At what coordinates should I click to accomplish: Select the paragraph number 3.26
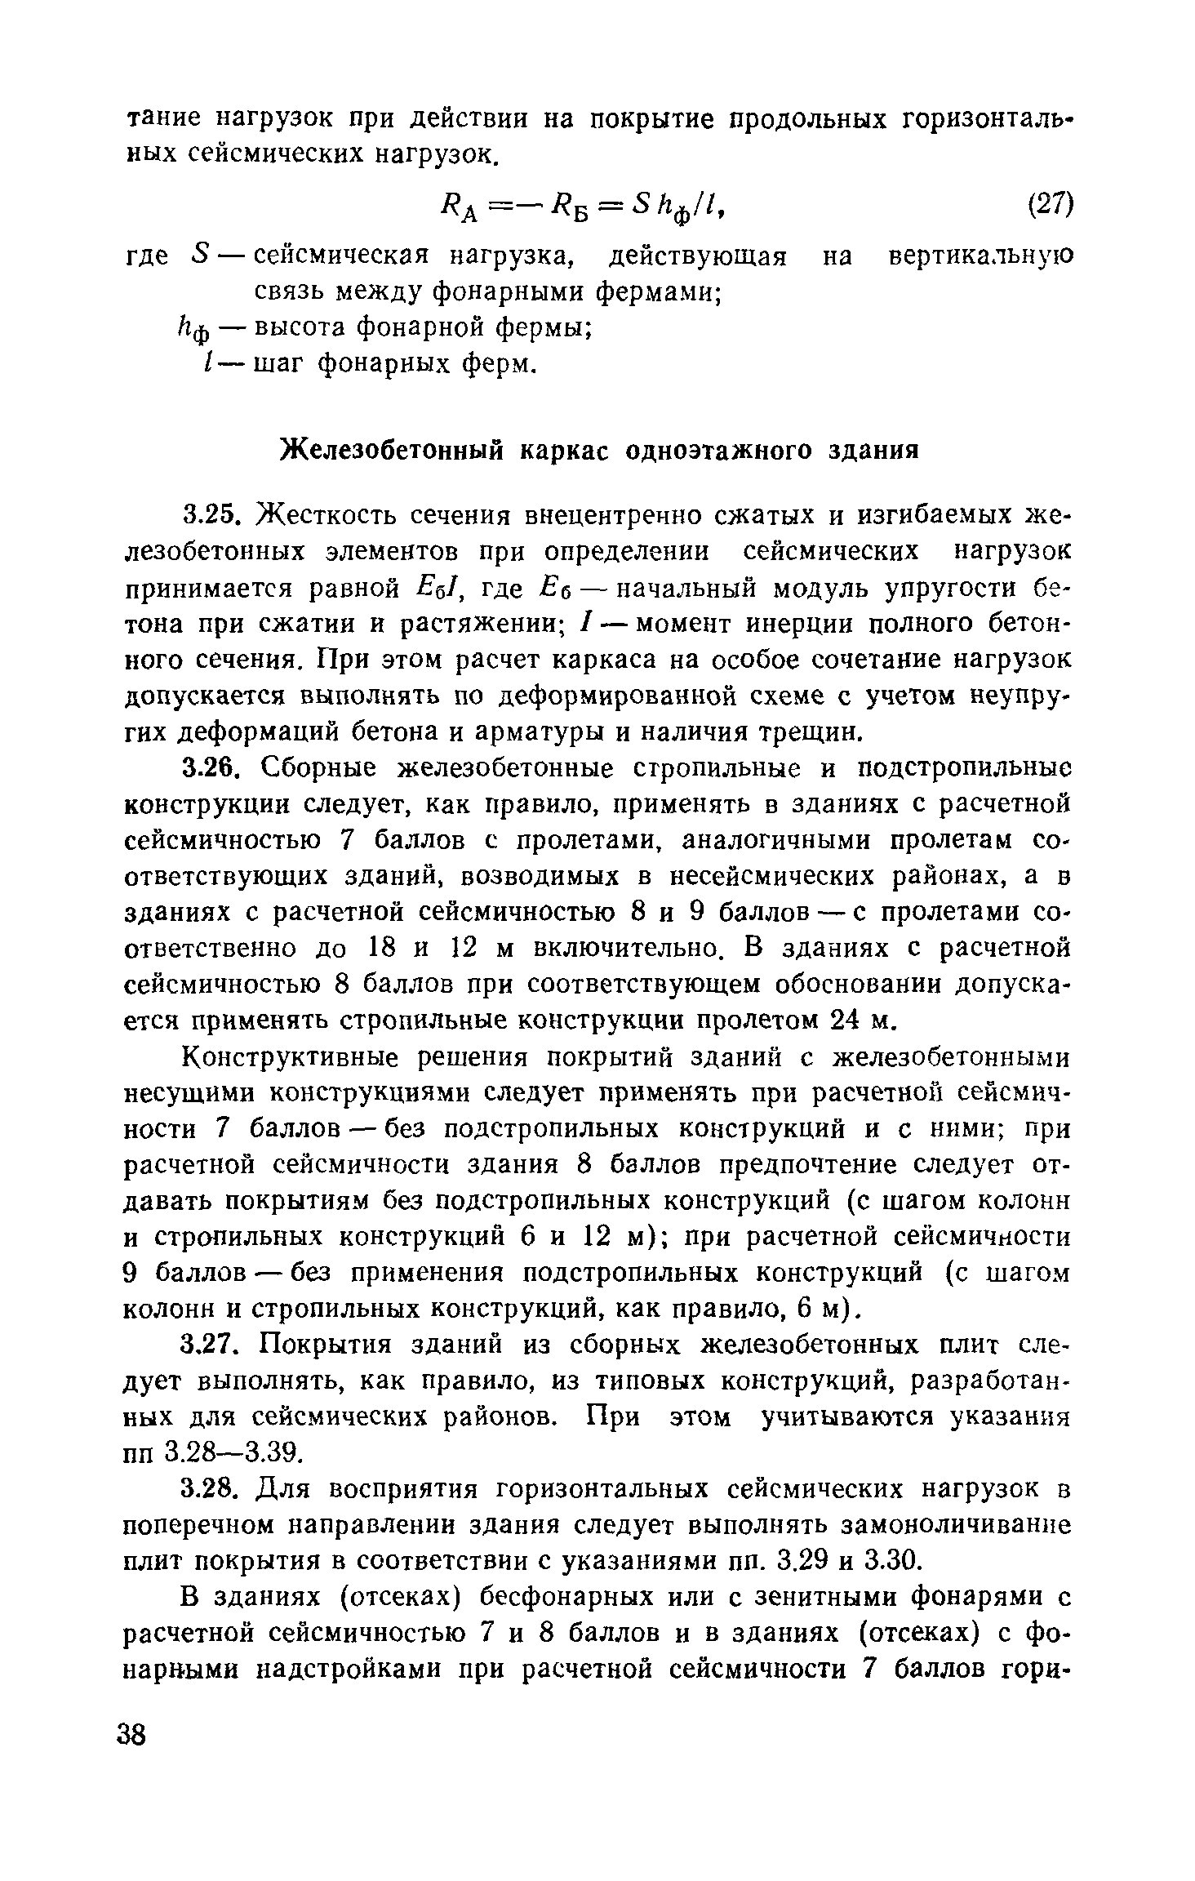(209, 768)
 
